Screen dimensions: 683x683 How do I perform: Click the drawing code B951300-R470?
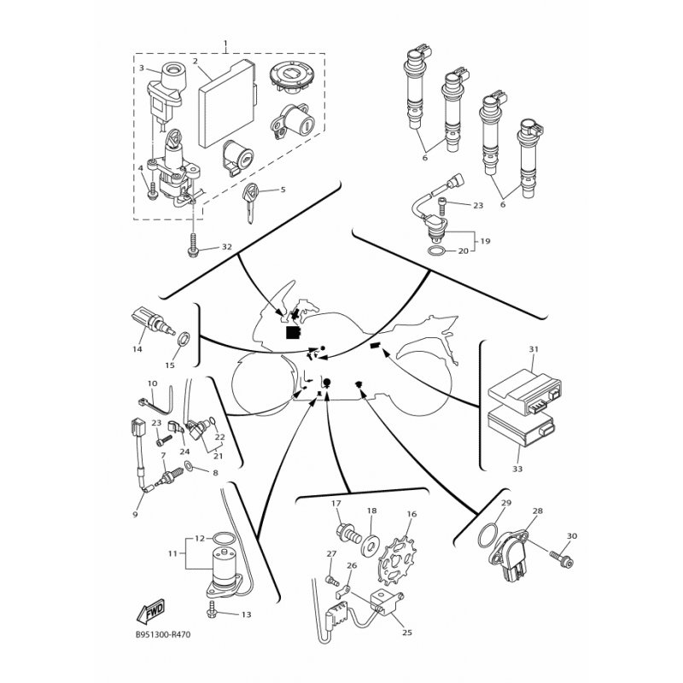pyautogui.click(x=163, y=634)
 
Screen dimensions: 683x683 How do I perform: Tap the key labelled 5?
pyautogui.click(x=251, y=202)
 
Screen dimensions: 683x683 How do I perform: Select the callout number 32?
pyautogui.click(x=227, y=247)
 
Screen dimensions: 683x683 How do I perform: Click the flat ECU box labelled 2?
pyautogui.click(x=227, y=105)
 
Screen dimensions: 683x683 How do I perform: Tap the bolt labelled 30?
pyautogui.click(x=562, y=560)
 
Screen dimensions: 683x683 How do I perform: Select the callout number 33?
pyautogui.click(x=517, y=469)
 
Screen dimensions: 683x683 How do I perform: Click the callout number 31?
pyautogui.click(x=534, y=349)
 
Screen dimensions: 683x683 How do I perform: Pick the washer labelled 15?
pyautogui.click(x=184, y=337)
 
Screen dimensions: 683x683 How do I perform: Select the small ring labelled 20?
pyautogui.click(x=436, y=251)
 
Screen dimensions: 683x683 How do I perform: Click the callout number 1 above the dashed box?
pyautogui.click(x=225, y=44)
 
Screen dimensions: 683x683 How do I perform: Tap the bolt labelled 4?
pyautogui.click(x=153, y=190)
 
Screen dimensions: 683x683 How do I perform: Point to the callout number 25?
pyautogui.click(x=407, y=632)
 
